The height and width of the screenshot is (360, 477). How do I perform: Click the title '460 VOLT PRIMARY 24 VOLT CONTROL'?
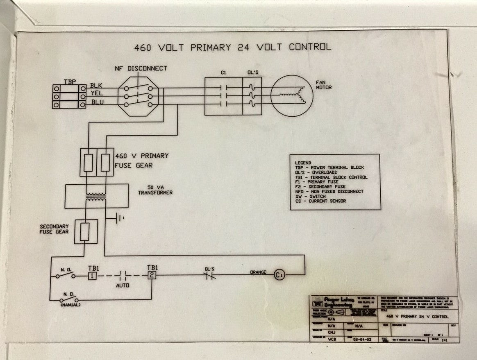coord(232,47)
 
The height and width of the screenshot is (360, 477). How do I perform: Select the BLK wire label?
coord(97,86)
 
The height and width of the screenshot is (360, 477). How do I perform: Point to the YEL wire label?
coord(97,94)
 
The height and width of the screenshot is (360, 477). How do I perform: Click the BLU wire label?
coord(97,102)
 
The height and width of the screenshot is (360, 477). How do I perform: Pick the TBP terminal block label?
coord(69,82)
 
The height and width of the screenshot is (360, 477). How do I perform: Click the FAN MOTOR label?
coord(323,85)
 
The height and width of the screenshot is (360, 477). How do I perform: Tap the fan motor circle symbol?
coord(291,96)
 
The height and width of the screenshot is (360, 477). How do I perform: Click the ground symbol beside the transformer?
coord(120,219)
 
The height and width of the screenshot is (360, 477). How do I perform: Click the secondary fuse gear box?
coord(85,232)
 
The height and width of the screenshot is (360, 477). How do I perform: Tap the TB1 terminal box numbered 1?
coord(92,276)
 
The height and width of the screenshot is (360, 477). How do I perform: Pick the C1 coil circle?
coord(279,275)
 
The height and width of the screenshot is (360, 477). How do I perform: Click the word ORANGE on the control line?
coord(258,272)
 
